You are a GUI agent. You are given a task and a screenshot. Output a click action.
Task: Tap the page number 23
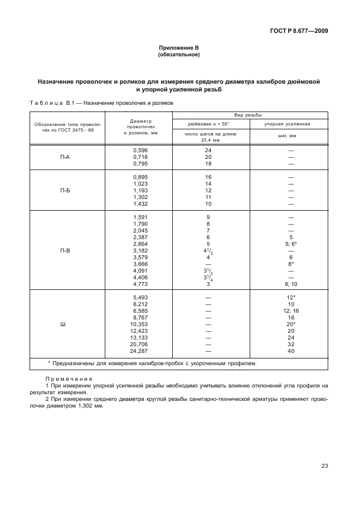[x=324, y=467]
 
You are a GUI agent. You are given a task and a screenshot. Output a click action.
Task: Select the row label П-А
[x=65, y=157]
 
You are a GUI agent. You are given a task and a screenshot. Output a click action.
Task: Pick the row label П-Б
[x=65, y=191]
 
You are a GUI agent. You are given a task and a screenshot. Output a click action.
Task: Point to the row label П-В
[x=65, y=250]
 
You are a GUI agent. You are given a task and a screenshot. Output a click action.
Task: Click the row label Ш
[x=65, y=324]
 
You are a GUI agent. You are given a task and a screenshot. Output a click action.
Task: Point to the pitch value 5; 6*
[x=290, y=244]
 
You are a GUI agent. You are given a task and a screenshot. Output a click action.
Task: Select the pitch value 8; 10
[x=290, y=284]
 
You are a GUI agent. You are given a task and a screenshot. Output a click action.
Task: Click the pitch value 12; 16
[x=290, y=311]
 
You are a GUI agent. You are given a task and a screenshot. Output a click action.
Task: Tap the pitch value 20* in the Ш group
[x=290, y=324]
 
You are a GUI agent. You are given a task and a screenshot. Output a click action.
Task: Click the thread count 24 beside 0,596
[x=208, y=151]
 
